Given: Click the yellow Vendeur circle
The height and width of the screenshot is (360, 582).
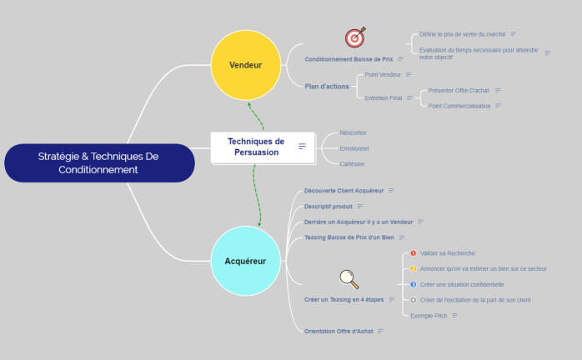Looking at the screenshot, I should [245, 65].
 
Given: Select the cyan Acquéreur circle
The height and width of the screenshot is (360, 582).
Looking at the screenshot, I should [245, 261].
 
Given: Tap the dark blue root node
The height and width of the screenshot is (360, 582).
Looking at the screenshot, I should [98, 162].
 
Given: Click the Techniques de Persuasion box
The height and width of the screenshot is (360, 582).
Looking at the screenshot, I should [256, 147].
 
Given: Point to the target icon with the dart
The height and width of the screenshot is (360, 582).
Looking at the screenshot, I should [356, 37].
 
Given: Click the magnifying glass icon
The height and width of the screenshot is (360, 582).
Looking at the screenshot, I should [349, 278].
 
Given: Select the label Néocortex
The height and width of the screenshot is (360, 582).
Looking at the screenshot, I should [353, 132].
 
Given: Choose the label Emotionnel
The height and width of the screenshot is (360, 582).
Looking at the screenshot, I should [354, 148].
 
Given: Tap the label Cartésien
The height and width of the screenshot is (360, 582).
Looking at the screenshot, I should [352, 164].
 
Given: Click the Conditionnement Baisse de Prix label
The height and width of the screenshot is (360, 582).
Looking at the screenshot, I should [349, 59].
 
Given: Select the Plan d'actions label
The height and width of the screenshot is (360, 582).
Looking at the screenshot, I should [327, 86].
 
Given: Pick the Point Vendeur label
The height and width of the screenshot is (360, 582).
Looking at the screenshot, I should [383, 75].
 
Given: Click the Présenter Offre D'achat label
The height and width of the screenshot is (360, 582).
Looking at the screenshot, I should [458, 90].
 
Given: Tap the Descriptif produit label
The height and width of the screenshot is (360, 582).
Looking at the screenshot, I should [329, 206].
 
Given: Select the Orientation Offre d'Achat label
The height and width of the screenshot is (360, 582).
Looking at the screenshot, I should [339, 331].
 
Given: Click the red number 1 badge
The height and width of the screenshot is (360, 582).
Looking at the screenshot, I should [413, 253].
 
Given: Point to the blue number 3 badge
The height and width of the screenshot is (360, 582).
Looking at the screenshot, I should [413, 284].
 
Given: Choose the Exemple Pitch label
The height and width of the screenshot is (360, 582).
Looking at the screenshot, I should [429, 316].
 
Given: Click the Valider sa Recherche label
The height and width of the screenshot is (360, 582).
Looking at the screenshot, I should [447, 253].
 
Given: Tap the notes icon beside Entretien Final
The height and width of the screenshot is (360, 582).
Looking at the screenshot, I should [409, 97].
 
